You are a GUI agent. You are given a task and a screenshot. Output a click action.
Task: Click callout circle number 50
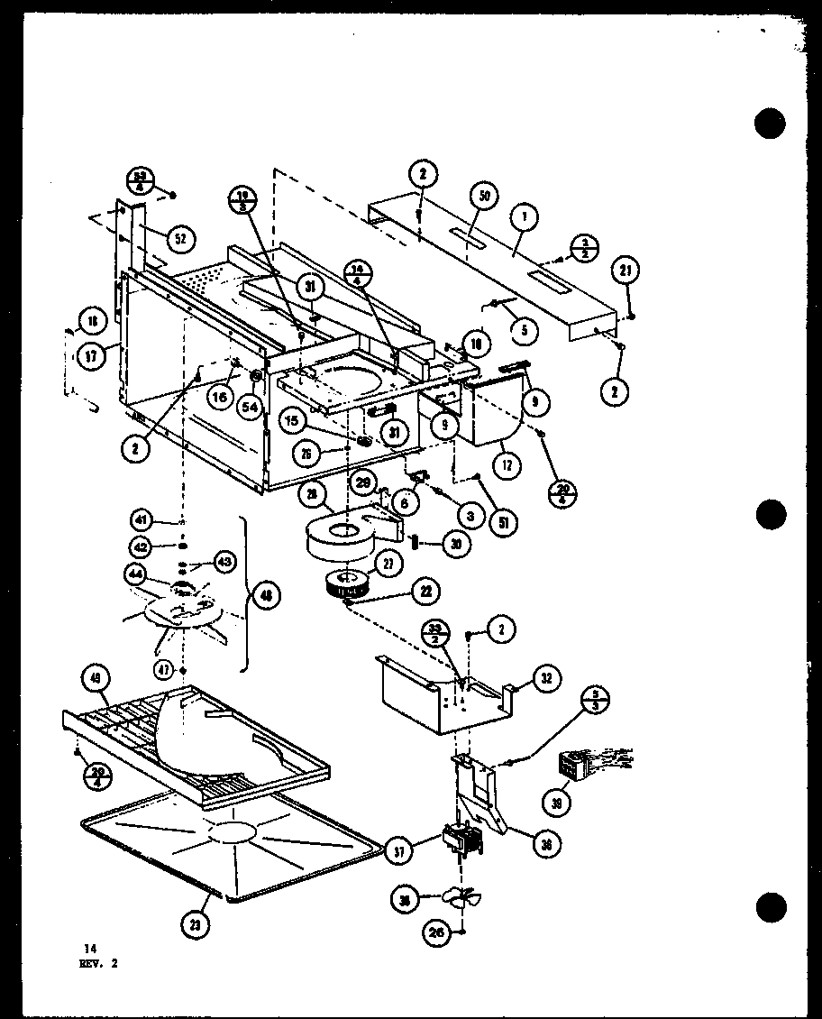[x=483, y=197]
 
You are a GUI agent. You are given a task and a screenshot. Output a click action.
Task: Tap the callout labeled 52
[x=179, y=238]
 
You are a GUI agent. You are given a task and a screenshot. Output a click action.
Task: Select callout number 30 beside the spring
[x=455, y=543]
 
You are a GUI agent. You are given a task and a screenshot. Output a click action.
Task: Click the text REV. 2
[x=96, y=962]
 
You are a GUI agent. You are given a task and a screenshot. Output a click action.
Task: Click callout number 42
[x=141, y=546]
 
